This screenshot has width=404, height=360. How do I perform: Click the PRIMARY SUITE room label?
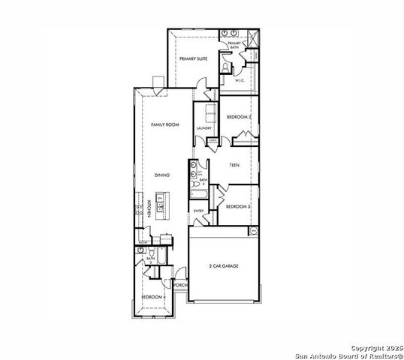(192, 58)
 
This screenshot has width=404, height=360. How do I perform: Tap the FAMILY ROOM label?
(164, 124)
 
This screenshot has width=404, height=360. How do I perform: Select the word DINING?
(162, 175)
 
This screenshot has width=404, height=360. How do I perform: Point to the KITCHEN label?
(149, 208)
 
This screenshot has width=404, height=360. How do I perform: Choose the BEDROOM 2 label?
(239, 117)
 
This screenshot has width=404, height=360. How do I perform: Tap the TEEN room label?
(234, 164)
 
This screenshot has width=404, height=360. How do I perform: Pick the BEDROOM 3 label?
(239, 205)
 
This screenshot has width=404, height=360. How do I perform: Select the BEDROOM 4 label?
(154, 297)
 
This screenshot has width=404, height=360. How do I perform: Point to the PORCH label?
(179, 285)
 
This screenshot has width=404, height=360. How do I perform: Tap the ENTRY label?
(199, 211)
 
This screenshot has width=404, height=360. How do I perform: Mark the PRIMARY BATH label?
(234, 45)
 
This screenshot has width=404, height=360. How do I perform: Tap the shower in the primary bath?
(252, 37)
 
